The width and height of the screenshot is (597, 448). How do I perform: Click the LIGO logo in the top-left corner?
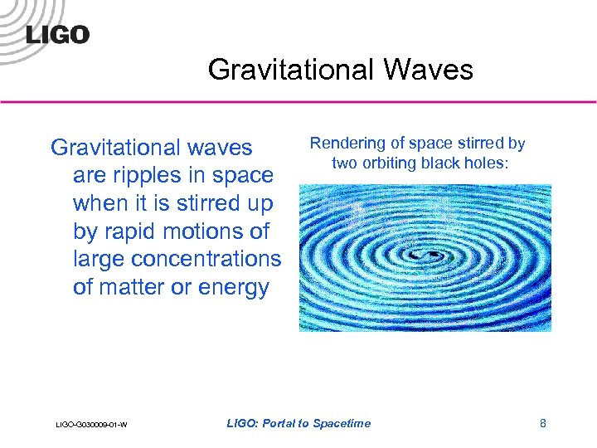tap(56, 34)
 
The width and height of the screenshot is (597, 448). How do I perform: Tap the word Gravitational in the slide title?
tap(289, 69)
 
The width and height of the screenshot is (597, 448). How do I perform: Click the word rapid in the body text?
tap(132, 231)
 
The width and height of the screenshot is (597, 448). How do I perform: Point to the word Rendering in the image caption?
tap(344, 144)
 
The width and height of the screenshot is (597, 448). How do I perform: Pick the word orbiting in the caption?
tap(387, 163)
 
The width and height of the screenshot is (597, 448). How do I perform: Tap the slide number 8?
tap(543, 424)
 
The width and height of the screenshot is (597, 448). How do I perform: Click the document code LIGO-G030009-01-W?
tap(90, 426)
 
